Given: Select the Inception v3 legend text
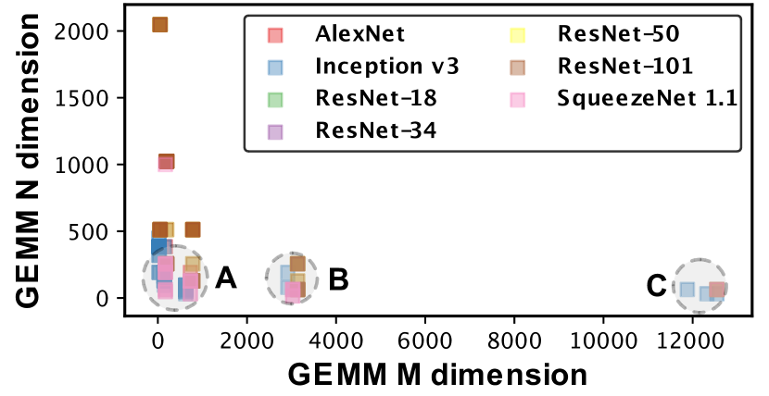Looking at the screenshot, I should pos(387,67).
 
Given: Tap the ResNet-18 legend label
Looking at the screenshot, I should pos(375,98).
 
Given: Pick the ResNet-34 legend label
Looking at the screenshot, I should pos(375,130).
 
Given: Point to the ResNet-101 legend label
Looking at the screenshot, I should pos(624,67).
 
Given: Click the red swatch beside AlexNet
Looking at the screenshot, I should pos(275,35).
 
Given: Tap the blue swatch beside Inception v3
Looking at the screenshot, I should pos(275,67).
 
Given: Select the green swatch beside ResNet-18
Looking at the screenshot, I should pos(275,98).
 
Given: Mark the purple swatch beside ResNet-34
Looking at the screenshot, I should pos(275,130).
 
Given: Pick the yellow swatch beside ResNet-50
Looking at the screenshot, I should pos(518,35).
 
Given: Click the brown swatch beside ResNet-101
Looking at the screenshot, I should pos(518,67).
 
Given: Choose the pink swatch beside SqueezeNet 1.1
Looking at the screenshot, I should pos(518,98).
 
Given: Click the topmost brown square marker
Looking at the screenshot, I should pos(160,25).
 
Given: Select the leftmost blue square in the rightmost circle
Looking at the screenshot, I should pos(687,289).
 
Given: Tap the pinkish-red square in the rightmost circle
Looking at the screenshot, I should pos(716,289).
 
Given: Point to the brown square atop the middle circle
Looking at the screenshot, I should pos(297,263).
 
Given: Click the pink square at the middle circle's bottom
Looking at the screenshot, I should pos(293,291).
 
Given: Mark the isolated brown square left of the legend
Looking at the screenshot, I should pos(193,229).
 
